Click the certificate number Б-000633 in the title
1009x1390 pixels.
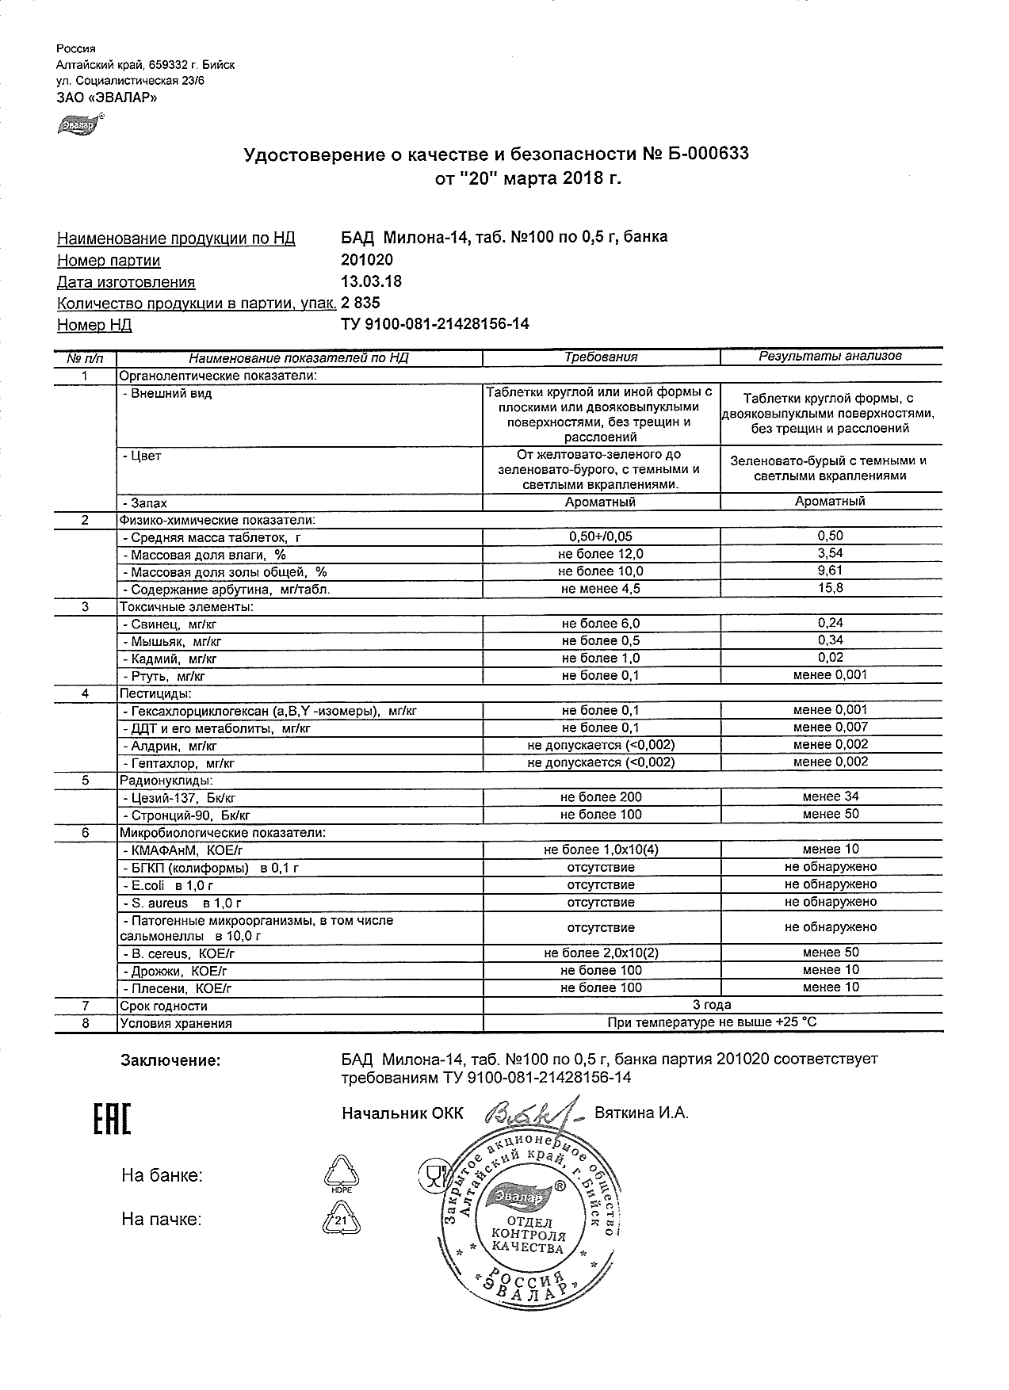(x=705, y=154)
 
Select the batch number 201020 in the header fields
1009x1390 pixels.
(x=366, y=260)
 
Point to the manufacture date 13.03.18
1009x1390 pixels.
(x=371, y=281)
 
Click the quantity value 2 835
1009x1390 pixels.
(x=361, y=303)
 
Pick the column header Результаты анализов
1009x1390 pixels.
(x=830, y=357)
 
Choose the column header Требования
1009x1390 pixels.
(x=601, y=357)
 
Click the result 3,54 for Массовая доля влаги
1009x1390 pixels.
(x=830, y=553)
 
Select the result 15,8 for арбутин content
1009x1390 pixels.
(x=830, y=588)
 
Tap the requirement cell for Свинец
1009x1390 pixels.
(x=601, y=624)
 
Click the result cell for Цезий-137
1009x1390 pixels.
(x=830, y=796)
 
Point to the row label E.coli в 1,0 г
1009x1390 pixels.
(x=169, y=885)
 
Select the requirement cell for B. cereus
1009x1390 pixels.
(x=601, y=953)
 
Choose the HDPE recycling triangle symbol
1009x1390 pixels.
(x=342, y=1174)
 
